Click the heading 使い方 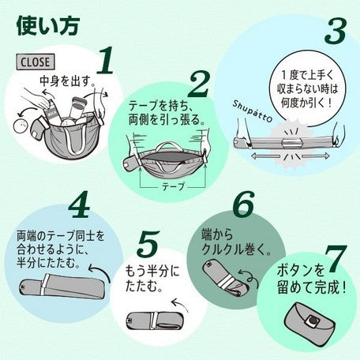click(x=48, y=26)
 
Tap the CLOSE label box click(x=36, y=62)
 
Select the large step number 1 click(x=105, y=60)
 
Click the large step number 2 click(x=199, y=84)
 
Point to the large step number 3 click(x=336, y=31)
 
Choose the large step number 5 click(x=148, y=244)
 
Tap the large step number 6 click(x=244, y=204)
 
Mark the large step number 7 click(x=336, y=259)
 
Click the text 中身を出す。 click(x=67, y=81)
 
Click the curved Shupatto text click(x=252, y=111)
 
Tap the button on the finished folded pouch click(x=313, y=320)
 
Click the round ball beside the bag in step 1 click(x=22, y=127)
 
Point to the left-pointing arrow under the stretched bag click(x=265, y=156)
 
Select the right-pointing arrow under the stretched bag click(x=315, y=156)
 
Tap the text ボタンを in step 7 click(x=301, y=271)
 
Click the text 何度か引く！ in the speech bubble click(x=307, y=103)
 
